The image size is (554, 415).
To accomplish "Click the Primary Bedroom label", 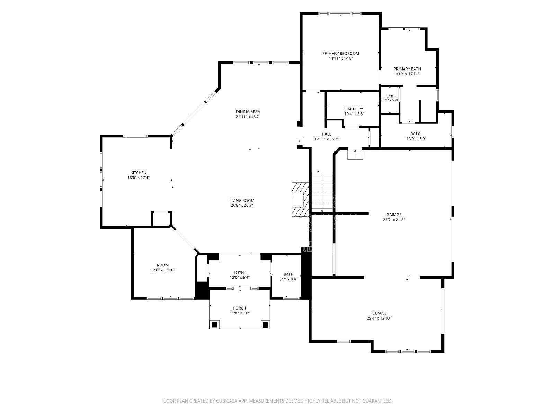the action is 340,53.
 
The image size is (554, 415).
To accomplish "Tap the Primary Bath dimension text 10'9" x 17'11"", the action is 407,74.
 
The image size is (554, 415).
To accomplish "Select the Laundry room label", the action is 354,109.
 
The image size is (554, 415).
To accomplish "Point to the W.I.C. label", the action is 416,134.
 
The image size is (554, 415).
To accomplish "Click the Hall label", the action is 327,134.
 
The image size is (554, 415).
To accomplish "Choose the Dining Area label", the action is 248,112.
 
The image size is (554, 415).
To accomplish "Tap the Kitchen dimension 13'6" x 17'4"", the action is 138,178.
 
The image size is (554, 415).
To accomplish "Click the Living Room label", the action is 242,201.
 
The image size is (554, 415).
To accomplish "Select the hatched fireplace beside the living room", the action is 300,199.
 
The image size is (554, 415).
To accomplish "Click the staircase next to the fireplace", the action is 322,192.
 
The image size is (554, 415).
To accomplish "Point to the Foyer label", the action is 240,273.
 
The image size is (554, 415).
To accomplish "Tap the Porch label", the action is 240,308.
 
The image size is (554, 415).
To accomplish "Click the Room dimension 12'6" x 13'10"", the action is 162,270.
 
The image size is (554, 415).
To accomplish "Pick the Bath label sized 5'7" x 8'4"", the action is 288,274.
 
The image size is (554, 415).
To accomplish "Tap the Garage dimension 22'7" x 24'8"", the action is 394,220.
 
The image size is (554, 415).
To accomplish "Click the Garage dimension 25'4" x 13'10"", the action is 379,318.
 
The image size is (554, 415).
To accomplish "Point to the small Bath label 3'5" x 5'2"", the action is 390,96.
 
